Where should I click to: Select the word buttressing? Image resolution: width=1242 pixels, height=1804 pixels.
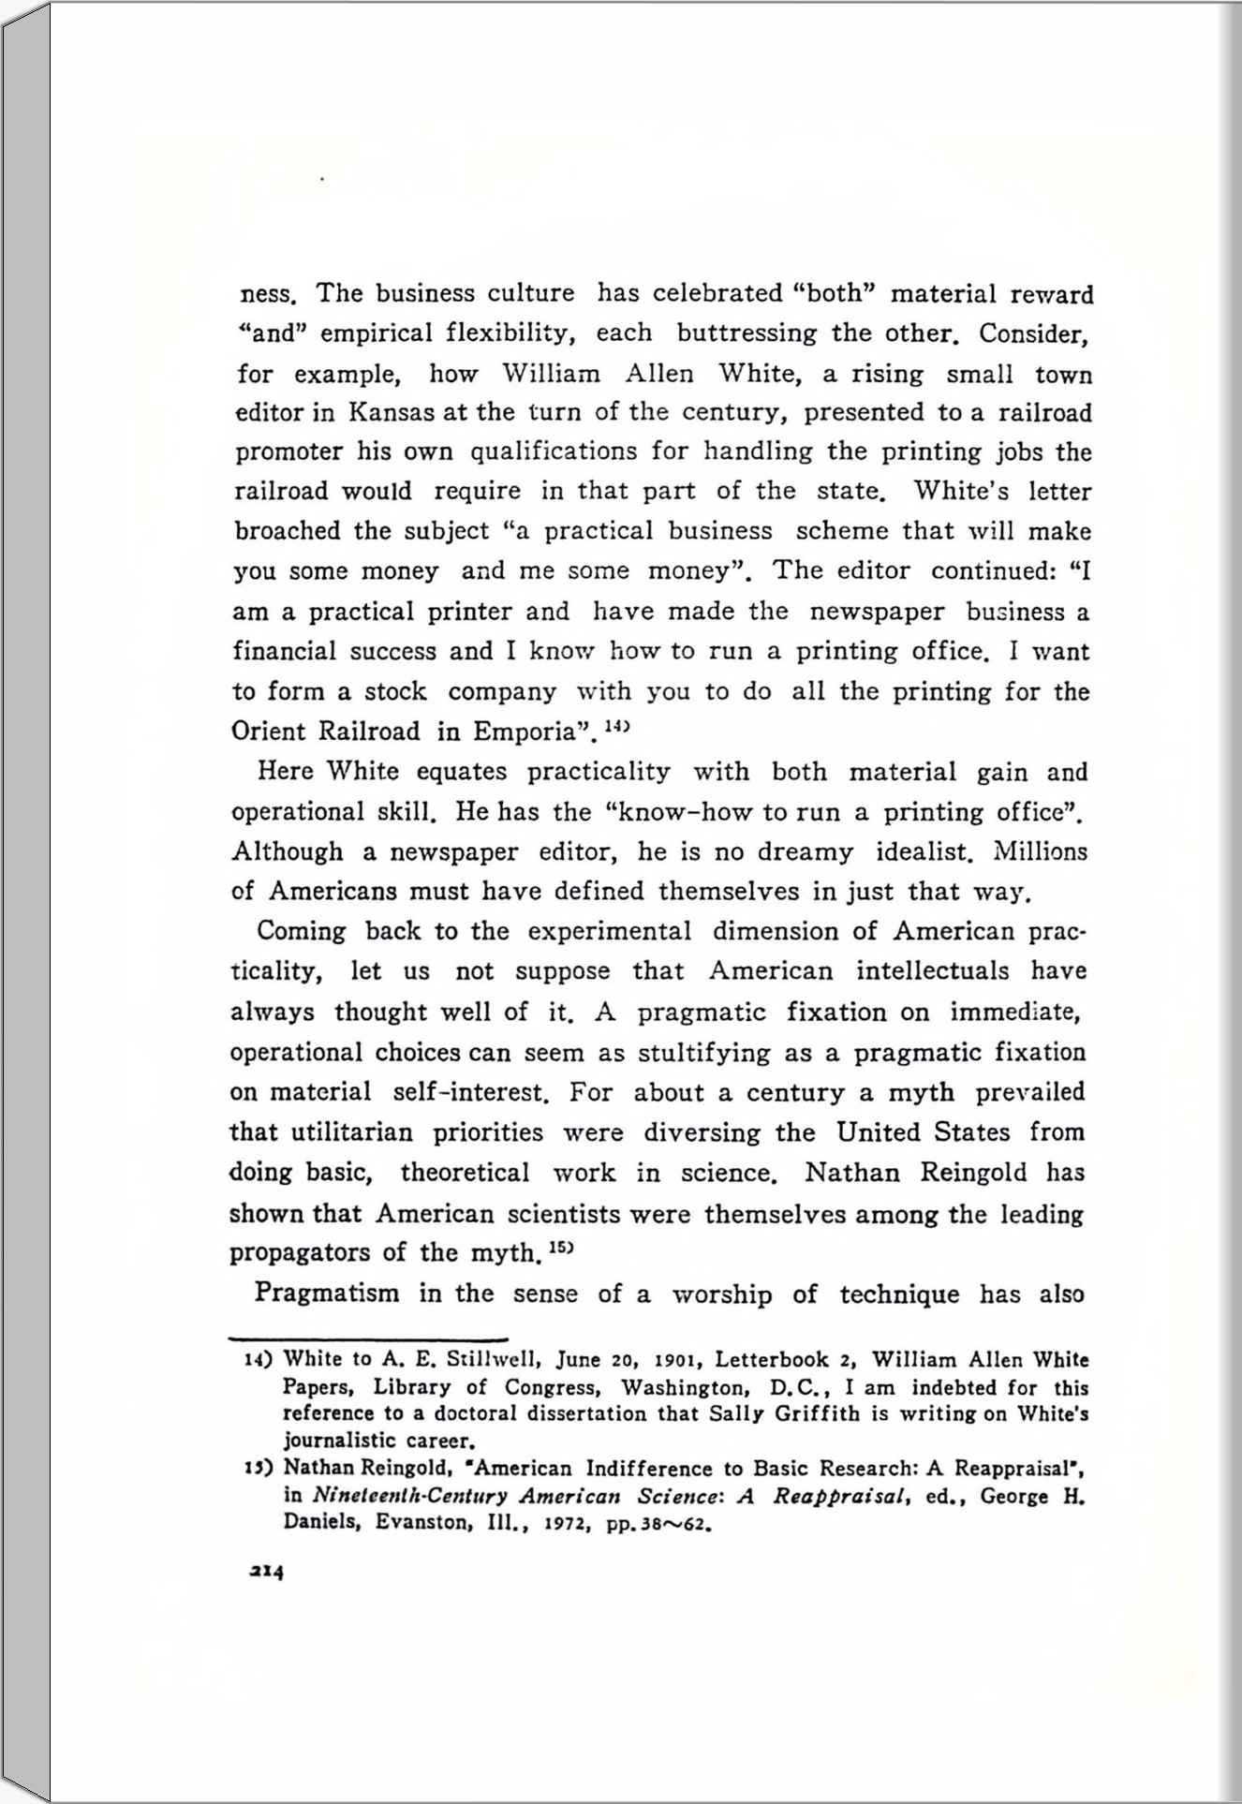747,333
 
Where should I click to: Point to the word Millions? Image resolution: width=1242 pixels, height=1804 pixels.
1040,852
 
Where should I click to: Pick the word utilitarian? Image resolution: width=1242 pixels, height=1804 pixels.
352,1132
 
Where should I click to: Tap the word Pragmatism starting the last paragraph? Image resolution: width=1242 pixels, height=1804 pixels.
327,1294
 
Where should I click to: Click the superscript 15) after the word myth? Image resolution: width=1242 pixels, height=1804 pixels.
559,1248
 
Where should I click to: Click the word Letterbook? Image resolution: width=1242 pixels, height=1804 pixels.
773,1360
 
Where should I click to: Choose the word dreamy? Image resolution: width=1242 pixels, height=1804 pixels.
805,852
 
